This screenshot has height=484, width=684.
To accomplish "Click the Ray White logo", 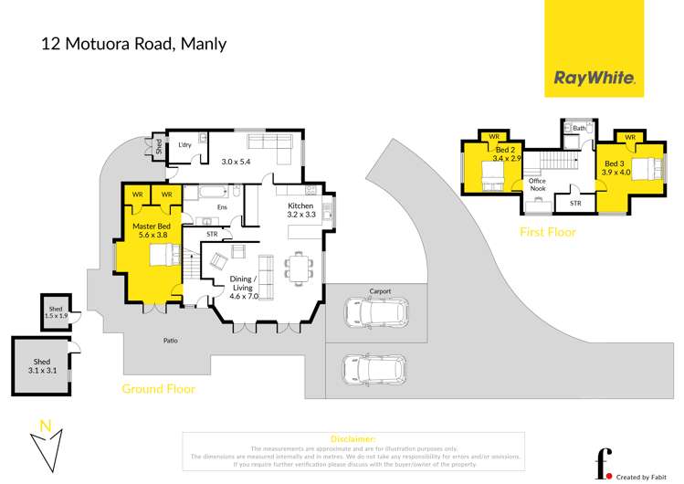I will click(594, 78).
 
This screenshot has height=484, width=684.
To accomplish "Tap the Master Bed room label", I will click(151, 226).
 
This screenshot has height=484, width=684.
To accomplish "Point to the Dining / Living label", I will click(243, 283).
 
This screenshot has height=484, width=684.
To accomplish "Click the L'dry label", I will click(184, 145).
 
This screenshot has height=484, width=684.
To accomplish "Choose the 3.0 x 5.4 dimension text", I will click(236, 162).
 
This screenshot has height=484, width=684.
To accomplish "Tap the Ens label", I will click(221, 207).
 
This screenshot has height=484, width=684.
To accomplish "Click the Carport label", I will click(380, 291).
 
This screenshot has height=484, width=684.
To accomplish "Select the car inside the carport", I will click(375, 313).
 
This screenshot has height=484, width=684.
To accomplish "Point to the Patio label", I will click(171, 342).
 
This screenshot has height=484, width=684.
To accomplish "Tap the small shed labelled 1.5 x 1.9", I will click(57, 312).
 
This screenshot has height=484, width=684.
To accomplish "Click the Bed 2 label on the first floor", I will click(506, 153).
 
